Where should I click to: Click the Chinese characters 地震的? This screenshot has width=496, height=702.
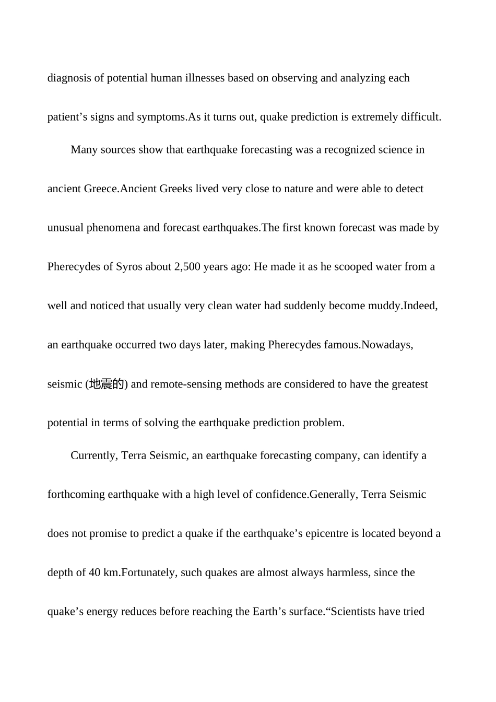tap(107, 384)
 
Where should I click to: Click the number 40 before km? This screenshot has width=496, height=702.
tap(95, 572)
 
